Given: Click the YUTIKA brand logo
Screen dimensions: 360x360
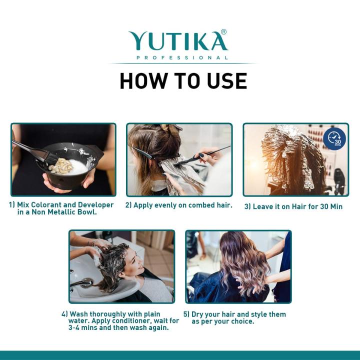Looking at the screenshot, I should click(x=177, y=41).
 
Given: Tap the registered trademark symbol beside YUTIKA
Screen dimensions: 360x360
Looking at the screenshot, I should click(x=223, y=32).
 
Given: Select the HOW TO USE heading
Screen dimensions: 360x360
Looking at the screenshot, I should click(x=183, y=81).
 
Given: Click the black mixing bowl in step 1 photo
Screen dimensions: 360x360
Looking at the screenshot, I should click(x=70, y=165).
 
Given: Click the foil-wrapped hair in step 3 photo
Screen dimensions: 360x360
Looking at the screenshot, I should click(x=287, y=160).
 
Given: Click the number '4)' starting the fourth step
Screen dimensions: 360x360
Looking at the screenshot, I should click(x=65, y=314).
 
